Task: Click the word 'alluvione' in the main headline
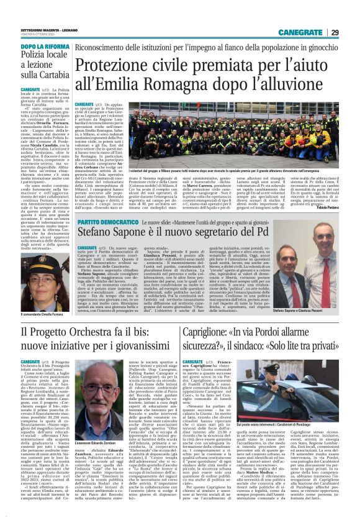297,91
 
